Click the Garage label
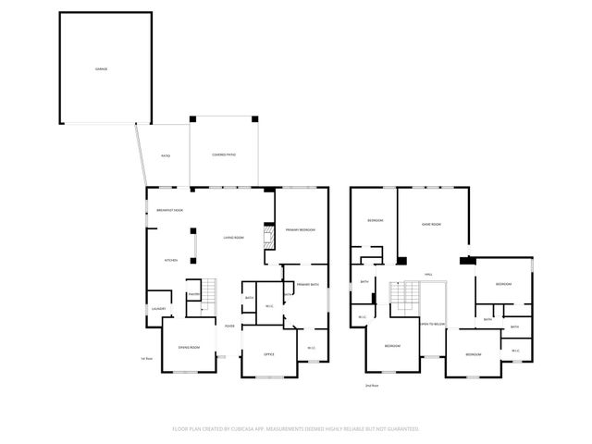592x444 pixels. [x=100, y=68]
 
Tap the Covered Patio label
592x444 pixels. [x=224, y=154]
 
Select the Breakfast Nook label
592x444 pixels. [x=169, y=211]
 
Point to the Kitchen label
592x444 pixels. [x=171, y=260]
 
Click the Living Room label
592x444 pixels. [x=233, y=238]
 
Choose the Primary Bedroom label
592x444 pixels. [x=301, y=228]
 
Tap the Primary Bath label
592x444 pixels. [x=307, y=284]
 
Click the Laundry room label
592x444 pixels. [x=158, y=308]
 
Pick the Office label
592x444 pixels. [x=268, y=354]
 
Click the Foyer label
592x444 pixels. [x=228, y=325]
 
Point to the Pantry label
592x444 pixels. [x=194, y=294]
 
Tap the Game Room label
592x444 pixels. [x=431, y=224]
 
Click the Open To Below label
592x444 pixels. [x=432, y=325]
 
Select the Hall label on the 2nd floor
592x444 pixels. [x=429, y=275]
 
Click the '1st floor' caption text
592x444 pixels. [x=144, y=358]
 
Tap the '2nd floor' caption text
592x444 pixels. [x=371, y=384]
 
